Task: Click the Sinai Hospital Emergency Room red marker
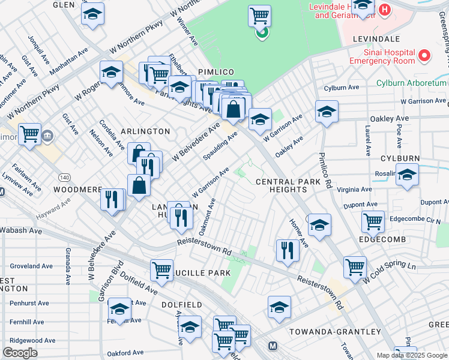[424, 56]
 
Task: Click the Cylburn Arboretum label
[411, 83]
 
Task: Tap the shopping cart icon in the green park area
[259, 16]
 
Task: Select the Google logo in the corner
[20, 353]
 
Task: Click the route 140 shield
[64, 177]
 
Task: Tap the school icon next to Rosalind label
[407, 175]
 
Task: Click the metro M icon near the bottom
[273, 346]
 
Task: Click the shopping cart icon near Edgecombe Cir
[373, 221]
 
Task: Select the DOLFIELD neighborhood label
[181, 305]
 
